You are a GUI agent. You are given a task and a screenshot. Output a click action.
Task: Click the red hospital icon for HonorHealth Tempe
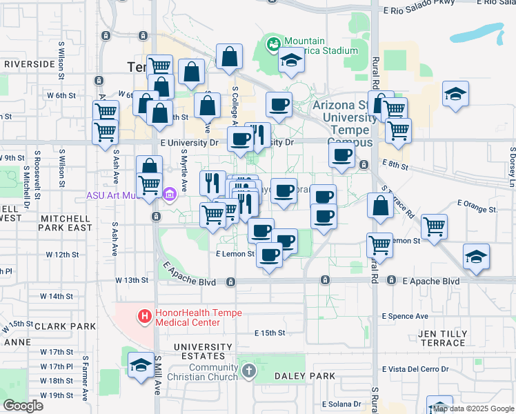tap(145, 317)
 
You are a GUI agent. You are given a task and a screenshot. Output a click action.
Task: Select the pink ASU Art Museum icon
tap(170, 195)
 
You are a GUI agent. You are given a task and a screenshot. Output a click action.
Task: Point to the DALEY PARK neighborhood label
tap(304, 376)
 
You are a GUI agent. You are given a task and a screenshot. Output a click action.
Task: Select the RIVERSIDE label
tap(29, 63)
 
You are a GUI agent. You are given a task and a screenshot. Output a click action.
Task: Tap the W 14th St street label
tap(57, 296)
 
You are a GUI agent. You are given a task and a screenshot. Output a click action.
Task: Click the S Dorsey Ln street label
tap(512, 166)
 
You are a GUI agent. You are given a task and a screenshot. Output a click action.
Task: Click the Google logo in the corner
tap(23, 406)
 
